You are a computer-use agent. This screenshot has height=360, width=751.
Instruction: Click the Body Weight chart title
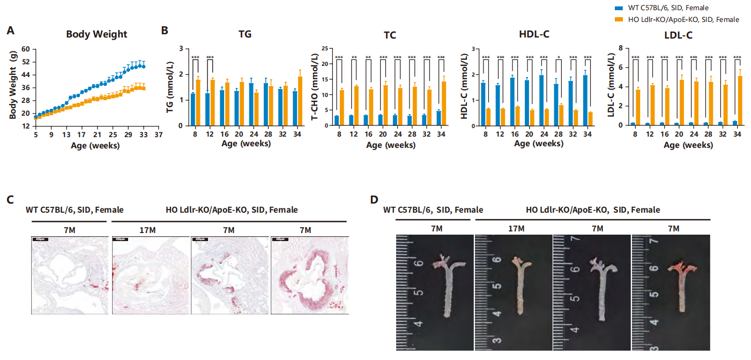[96, 34]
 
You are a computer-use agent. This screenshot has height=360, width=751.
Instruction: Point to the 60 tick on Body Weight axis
[25, 49]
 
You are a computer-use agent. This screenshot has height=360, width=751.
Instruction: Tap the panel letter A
[10, 31]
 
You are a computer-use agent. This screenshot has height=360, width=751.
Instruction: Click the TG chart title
[245, 34]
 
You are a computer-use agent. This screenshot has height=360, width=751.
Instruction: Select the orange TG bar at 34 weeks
[300, 101]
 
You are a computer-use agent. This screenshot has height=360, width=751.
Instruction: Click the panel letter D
[375, 200]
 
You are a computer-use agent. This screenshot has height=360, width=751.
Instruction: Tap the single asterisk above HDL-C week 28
[559, 58]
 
